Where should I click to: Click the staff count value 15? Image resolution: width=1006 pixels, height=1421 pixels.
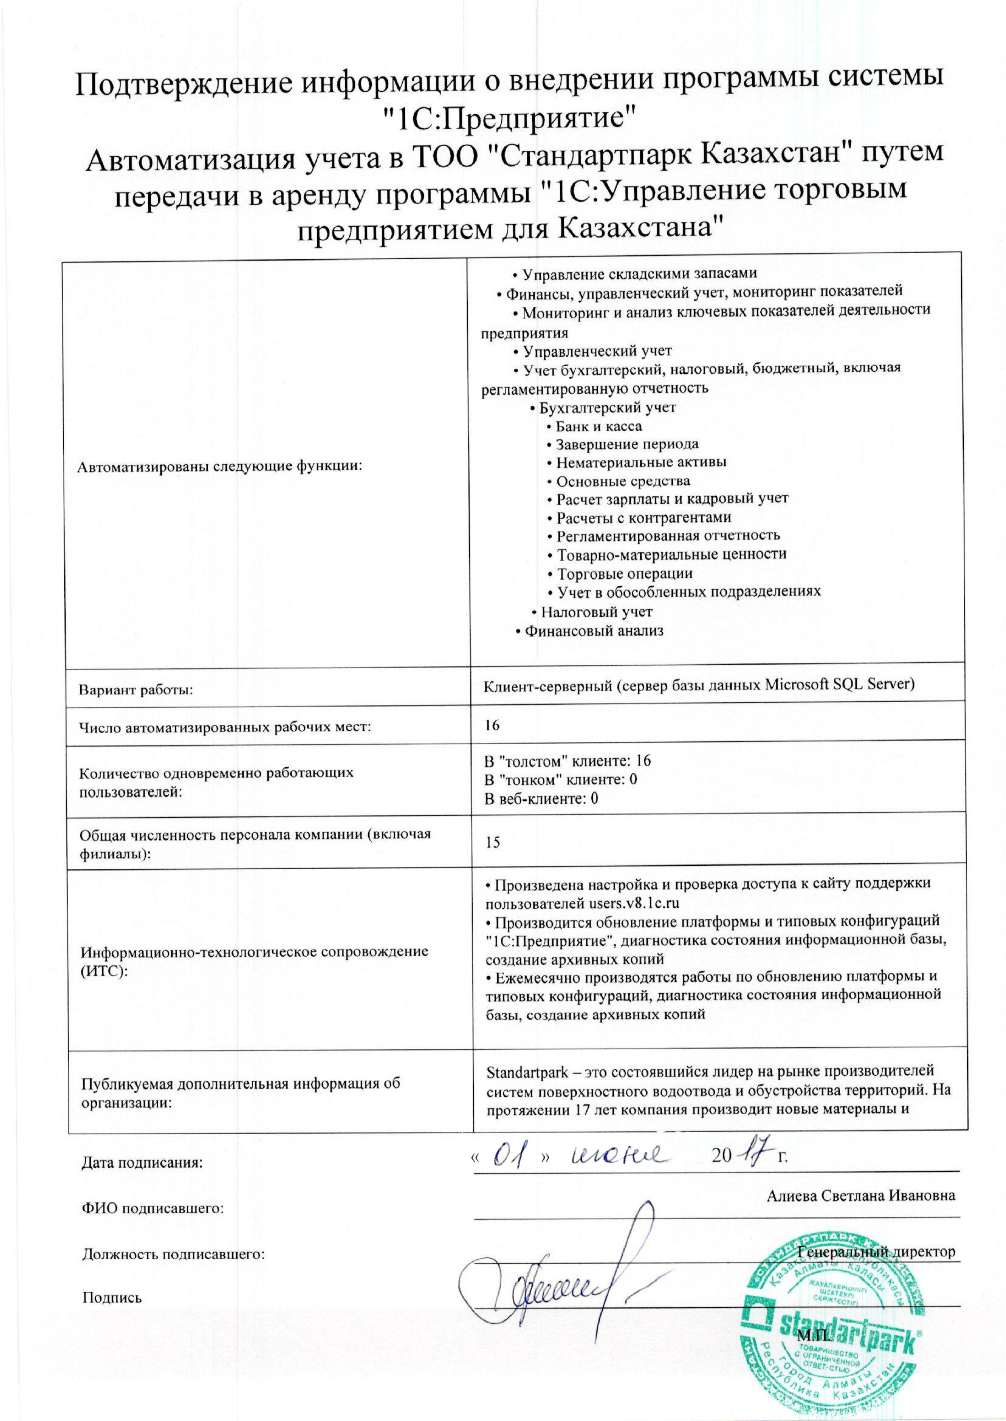click(493, 843)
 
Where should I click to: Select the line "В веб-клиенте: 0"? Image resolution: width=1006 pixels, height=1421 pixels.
click(541, 799)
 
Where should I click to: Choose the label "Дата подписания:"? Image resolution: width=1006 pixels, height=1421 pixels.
click(142, 1163)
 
